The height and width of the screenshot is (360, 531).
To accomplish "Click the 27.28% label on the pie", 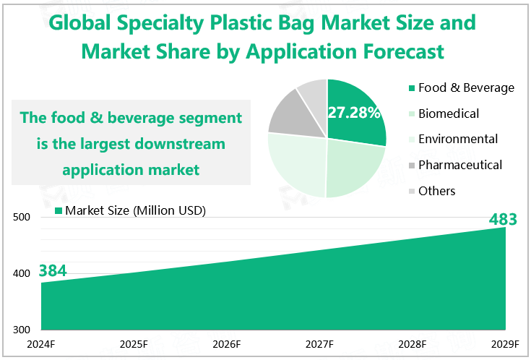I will [354, 113].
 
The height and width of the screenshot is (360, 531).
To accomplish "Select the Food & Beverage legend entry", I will [466, 87].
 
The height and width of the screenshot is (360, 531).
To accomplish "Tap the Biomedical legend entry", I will [448, 113].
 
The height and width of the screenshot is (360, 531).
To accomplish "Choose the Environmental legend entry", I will [458, 139].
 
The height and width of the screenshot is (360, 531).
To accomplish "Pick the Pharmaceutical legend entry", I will [460, 165].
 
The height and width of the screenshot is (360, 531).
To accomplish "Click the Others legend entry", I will [436, 191].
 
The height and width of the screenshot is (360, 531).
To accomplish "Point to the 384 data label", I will [53, 271].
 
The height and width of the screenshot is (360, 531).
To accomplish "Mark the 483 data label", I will [503, 218].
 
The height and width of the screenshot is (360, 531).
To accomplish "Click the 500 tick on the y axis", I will [22, 218].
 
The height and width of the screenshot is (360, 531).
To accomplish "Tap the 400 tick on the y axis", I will [22, 273].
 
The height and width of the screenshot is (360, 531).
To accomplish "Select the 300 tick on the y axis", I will [22, 329].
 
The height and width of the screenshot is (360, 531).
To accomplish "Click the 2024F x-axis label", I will [41, 343].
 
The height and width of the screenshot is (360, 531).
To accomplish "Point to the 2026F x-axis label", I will [227, 343].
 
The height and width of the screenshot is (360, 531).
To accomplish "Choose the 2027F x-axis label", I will [319, 343].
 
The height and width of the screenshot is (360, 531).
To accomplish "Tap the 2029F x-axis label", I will [505, 343].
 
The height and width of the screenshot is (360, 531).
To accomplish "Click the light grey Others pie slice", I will [313, 92].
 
